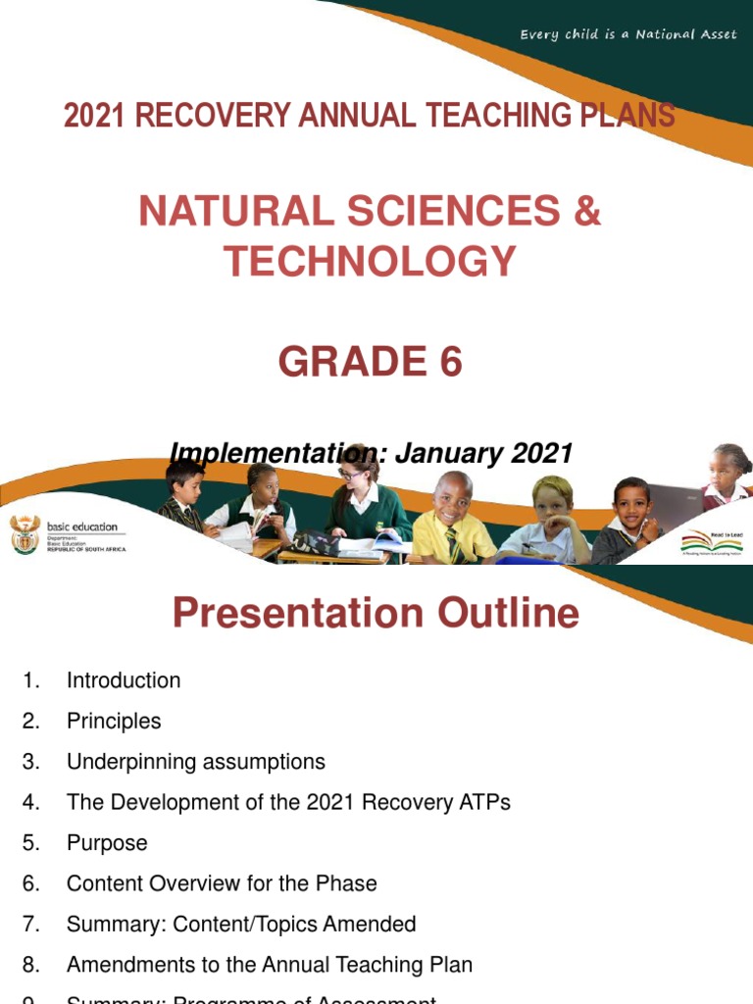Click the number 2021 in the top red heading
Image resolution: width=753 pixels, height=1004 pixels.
(x=95, y=116)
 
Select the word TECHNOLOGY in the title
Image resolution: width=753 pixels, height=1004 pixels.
(x=370, y=261)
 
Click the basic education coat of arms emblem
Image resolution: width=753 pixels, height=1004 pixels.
(x=24, y=534)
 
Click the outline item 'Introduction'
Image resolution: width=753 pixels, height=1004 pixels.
(x=124, y=680)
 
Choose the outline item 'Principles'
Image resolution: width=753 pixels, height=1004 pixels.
(x=114, y=722)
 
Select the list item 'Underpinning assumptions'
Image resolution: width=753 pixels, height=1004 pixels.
(x=195, y=762)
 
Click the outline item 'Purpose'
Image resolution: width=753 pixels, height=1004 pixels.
(x=107, y=843)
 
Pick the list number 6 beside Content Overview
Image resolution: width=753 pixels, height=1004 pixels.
(x=30, y=883)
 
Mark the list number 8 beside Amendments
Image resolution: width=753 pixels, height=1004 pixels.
(x=30, y=965)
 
